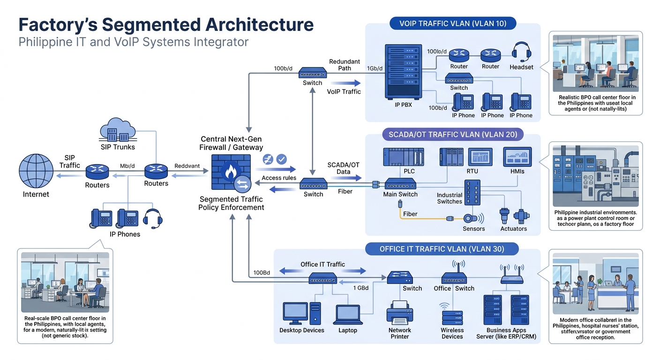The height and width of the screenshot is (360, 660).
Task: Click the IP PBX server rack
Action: tap(403, 71)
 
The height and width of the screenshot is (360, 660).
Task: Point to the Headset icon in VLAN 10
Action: tap(521, 52)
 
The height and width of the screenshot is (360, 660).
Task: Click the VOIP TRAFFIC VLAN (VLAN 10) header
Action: tap(453, 23)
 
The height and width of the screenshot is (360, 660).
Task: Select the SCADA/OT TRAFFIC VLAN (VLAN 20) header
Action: tap(453, 135)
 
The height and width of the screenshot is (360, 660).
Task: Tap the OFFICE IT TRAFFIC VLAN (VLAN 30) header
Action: tap(442, 248)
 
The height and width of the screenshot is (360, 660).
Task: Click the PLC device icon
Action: tap(403, 157)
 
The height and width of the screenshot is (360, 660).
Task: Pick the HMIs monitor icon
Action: tap(517, 157)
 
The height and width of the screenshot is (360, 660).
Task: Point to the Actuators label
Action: tap(513, 229)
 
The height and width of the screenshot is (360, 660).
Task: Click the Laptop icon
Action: tap(347, 314)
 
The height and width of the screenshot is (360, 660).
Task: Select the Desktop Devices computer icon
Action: tap(301, 313)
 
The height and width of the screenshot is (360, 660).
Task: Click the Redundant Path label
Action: tap(344, 65)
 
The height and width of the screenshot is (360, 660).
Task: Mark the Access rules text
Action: tap(278, 178)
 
